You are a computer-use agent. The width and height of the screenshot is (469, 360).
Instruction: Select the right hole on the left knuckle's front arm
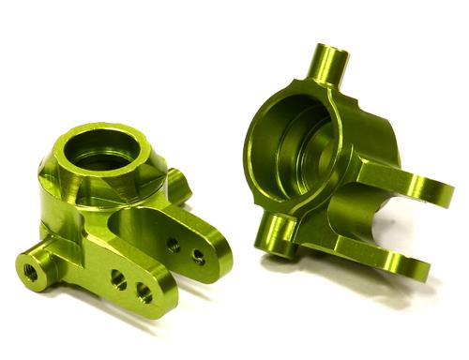(x=144, y=292)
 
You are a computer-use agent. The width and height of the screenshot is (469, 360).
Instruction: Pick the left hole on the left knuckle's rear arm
(x=174, y=242)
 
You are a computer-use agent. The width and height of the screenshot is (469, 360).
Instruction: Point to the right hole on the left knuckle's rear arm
(x=197, y=254)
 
